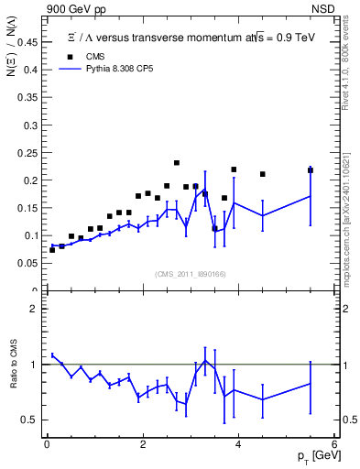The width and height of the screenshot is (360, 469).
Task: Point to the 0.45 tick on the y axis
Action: [x=28, y=42]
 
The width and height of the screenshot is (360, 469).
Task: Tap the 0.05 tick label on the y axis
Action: [x=28, y=264]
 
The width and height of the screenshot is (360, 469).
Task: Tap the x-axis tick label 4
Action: [x=238, y=445]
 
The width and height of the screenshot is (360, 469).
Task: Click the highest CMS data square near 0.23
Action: [x=176, y=163]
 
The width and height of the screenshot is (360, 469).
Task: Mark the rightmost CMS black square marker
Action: [x=311, y=170]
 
